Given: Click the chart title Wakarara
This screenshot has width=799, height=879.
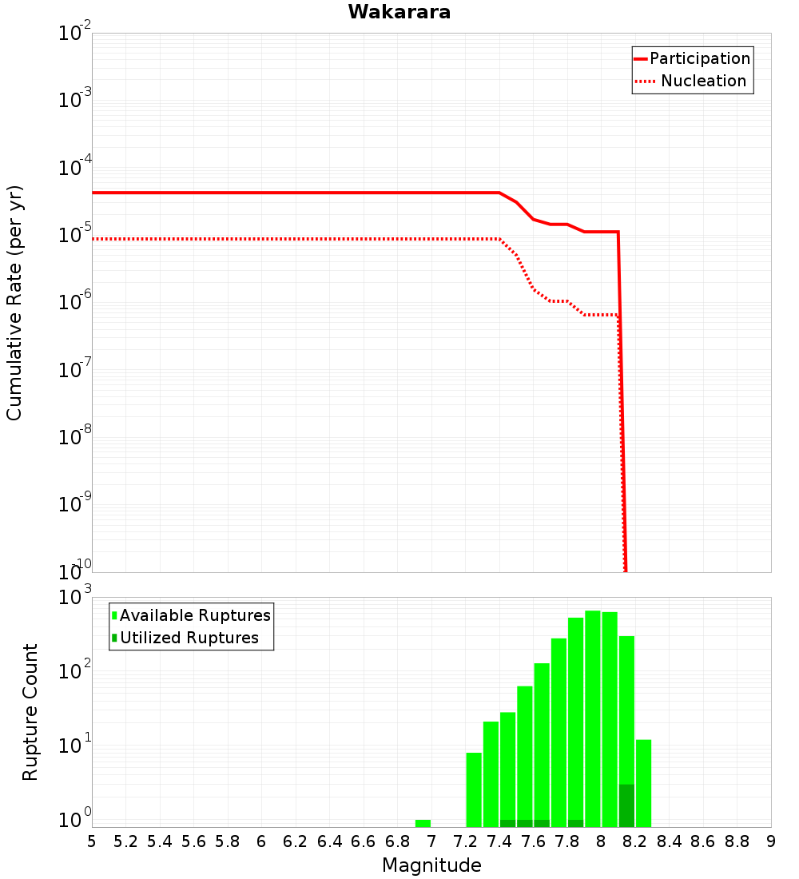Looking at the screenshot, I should pyautogui.click(x=399, y=12).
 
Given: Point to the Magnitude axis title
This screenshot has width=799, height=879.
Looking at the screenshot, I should pyautogui.click(x=431, y=865).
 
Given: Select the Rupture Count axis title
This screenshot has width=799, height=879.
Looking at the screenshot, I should pyautogui.click(x=30, y=711).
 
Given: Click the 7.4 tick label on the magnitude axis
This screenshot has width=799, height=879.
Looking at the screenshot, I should pyautogui.click(x=499, y=841).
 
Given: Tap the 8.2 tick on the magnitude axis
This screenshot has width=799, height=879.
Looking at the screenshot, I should pyautogui.click(x=635, y=841).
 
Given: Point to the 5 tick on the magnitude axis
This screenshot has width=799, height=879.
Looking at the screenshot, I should pyautogui.click(x=92, y=841).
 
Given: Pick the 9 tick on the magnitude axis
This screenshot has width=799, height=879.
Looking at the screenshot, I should pyautogui.click(x=771, y=841).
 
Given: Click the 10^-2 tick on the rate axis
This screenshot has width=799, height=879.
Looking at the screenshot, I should pyautogui.click(x=75, y=34).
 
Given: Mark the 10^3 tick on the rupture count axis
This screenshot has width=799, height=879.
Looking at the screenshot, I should pyautogui.click(x=75, y=598).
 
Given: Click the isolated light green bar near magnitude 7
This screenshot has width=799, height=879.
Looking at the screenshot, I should pyautogui.click(x=423, y=823).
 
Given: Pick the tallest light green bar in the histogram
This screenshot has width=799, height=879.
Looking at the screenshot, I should pyautogui.click(x=593, y=719).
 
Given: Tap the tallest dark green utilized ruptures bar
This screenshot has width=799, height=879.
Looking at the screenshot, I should pyautogui.click(x=626, y=805).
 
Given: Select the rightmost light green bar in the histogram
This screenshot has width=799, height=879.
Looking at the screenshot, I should pyautogui.click(x=643, y=783).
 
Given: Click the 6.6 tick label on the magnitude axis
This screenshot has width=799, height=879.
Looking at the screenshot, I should pyautogui.click(x=364, y=841).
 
